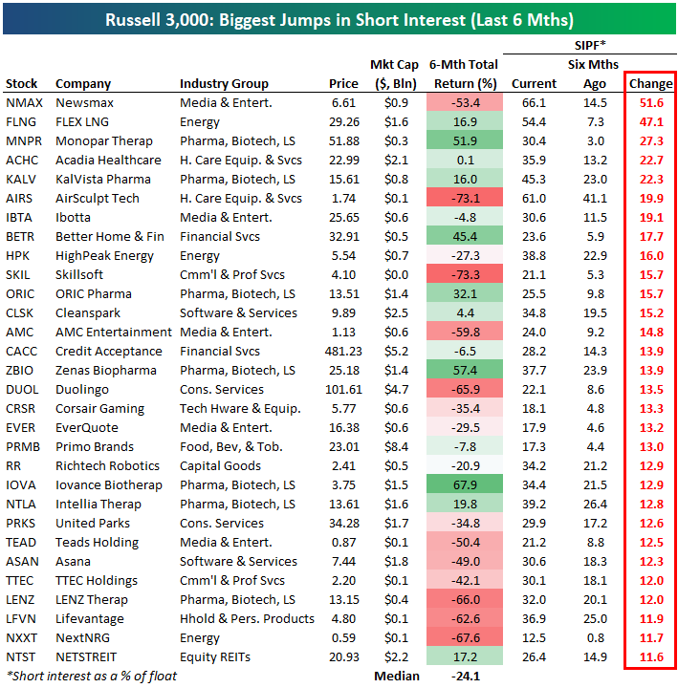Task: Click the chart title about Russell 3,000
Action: click(339, 20)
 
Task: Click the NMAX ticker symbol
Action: click(24, 102)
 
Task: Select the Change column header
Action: click(650, 84)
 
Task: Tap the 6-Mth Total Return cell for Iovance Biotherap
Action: click(464, 484)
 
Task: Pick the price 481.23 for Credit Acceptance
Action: click(334, 351)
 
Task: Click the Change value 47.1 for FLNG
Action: click(650, 121)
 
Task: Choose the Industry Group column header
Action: click(224, 84)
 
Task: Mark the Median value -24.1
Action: click(464, 676)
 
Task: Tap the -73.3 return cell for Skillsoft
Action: click(464, 274)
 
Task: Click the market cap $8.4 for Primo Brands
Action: click(394, 446)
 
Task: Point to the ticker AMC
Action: click(19, 332)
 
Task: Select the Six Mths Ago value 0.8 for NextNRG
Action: click(595, 637)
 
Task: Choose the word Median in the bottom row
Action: click(395, 676)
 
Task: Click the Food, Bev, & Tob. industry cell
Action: click(231, 446)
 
